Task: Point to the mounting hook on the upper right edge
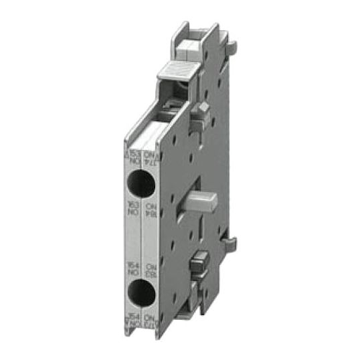[232, 45]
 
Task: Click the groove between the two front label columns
[142, 234]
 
